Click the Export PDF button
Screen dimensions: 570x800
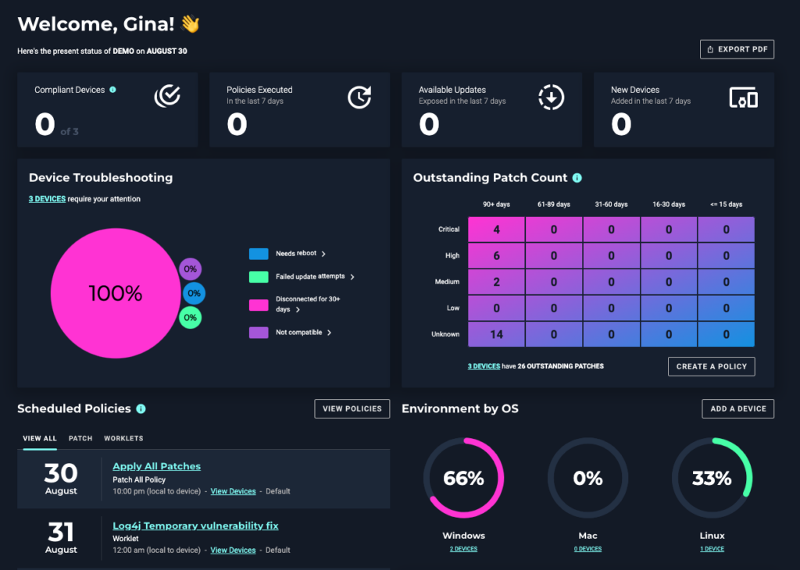737,49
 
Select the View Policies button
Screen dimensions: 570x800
352,408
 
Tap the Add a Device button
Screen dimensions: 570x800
737,408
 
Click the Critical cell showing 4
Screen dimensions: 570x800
497,230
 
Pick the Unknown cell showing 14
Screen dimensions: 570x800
497,334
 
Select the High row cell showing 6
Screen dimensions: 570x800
497,256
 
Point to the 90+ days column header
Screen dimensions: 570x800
497,205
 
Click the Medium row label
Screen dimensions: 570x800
448,282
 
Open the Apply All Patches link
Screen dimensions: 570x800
156,466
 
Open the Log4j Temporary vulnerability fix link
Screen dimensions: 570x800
195,526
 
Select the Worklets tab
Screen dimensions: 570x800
123,439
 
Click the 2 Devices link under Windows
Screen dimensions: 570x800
463,549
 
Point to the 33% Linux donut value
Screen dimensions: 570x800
712,479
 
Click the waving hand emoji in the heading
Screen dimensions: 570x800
191,24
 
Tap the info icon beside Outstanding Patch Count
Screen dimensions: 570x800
577,178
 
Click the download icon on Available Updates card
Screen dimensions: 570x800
552,97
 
